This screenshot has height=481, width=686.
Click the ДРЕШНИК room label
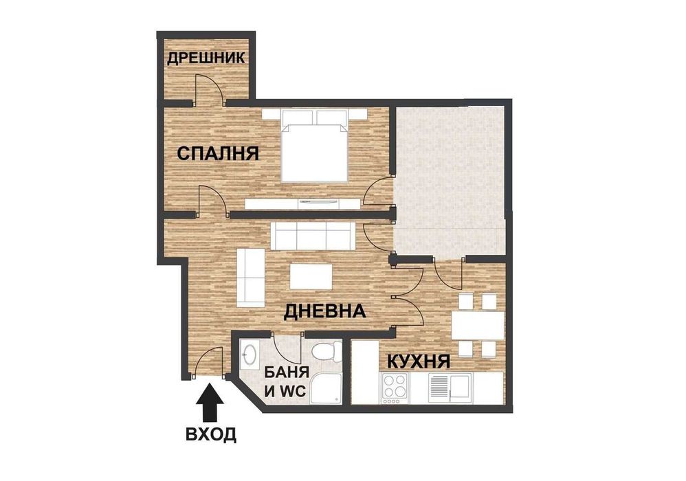tap(206, 58)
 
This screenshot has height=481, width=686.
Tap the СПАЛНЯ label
tap(218, 153)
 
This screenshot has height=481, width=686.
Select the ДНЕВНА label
tap(324, 311)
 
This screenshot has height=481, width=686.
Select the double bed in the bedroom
tap(313, 146)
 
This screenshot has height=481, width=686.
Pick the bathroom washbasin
tap(250, 356)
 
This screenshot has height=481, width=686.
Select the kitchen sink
tap(447, 388)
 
